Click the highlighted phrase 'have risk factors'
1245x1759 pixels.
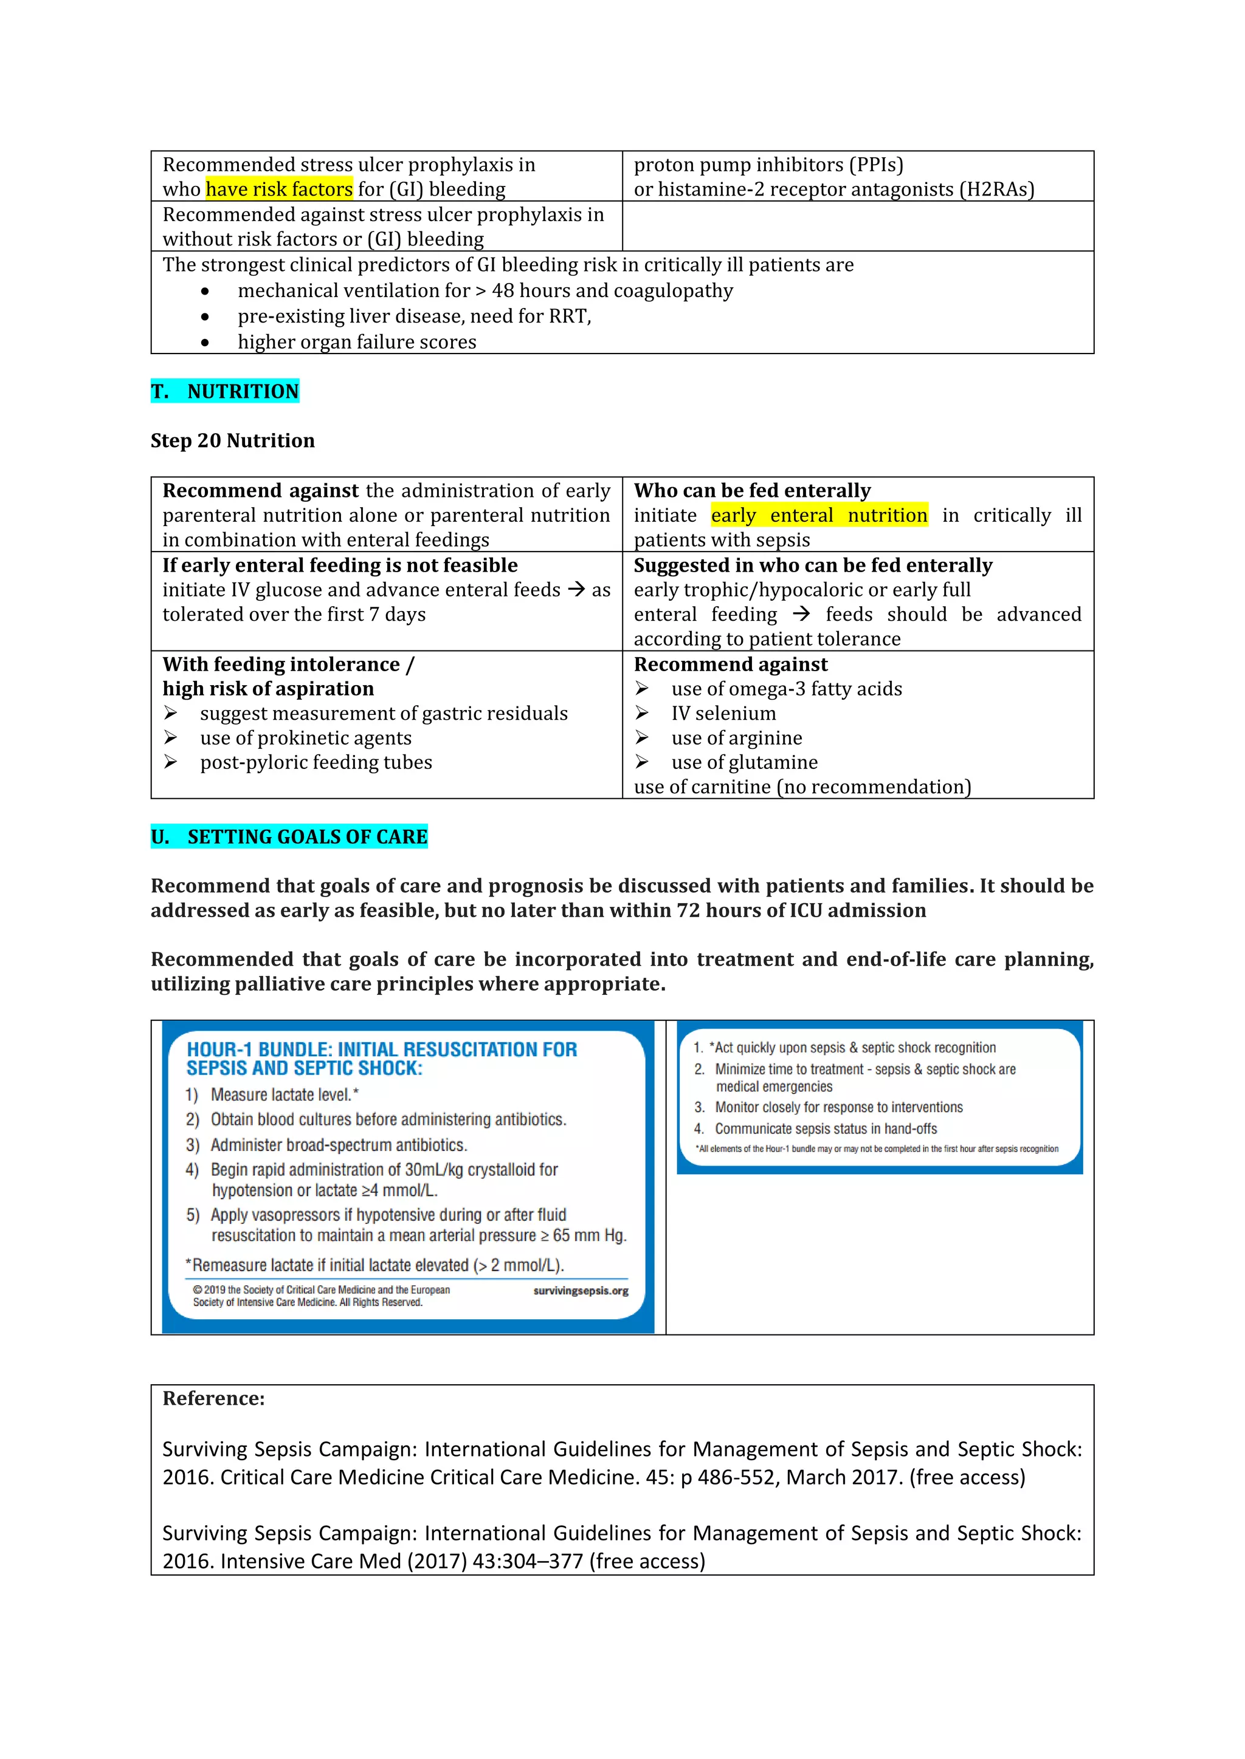[x=279, y=190]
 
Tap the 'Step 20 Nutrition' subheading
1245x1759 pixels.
[x=232, y=440]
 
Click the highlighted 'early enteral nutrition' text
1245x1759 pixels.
[x=819, y=516]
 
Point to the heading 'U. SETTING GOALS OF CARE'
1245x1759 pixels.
[x=289, y=836]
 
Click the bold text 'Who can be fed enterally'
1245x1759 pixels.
[x=752, y=490]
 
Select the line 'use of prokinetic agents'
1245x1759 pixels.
[x=305, y=738]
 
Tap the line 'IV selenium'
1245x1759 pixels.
[x=723, y=713]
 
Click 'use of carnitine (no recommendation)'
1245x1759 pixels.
[x=802, y=787]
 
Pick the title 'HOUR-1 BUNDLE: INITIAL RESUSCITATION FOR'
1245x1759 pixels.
[x=382, y=1049]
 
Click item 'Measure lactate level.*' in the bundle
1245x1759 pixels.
[x=285, y=1095]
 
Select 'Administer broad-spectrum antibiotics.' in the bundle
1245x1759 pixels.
[x=338, y=1146]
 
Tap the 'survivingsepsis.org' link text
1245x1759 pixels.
[x=581, y=1291]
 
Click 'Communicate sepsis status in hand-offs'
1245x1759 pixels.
[x=825, y=1129]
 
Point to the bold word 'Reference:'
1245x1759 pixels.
[x=213, y=1398]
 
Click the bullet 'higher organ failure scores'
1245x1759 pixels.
[x=356, y=343]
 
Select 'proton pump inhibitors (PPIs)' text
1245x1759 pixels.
[x=768, y=165]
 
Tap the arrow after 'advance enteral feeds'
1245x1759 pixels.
[x=575, y=590]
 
